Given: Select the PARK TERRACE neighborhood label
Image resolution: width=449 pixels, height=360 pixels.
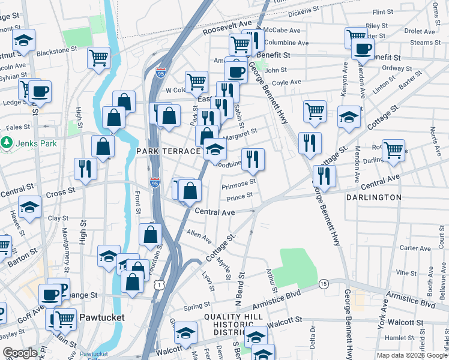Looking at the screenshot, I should (167, 151).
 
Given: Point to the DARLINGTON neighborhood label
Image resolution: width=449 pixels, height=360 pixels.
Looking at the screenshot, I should (374, 197).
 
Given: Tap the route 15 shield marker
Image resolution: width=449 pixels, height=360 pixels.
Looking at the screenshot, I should (324, 283).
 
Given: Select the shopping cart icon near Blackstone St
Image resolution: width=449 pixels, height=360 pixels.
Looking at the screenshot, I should (98, 58).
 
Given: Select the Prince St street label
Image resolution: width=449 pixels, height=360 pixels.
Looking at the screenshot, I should (240, 196).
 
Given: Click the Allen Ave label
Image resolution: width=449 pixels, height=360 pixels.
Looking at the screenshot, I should (199, 236).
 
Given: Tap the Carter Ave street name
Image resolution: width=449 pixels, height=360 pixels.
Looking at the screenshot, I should (415, 248).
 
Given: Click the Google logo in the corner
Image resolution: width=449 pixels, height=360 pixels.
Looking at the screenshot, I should (20, 353).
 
